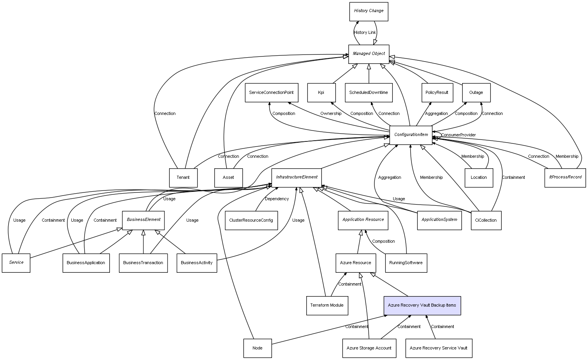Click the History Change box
tap(369, 11)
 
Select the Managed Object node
tap(369, 54)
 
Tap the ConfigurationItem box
tap(411, 135)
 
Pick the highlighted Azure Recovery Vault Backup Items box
tap(422, 305)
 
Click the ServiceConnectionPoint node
tap(271, 93)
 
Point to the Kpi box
tap(321, 93)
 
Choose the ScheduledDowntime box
tap(369, 93)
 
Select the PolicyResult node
tap(437, 93)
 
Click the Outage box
tap(476, 93)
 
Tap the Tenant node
tap(183, 178)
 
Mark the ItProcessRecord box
tap(565, 177)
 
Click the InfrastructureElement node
tap(297, 177)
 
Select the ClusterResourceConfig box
tap(251, 221)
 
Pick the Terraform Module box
tap(327, 305)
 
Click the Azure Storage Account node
tap(369, 348)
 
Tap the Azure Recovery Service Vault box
tap(438, 348)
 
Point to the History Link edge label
tap(365, 33)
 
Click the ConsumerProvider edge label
tap(458, 135)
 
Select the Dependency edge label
tap(277, 199)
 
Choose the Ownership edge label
tap(331, 114)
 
